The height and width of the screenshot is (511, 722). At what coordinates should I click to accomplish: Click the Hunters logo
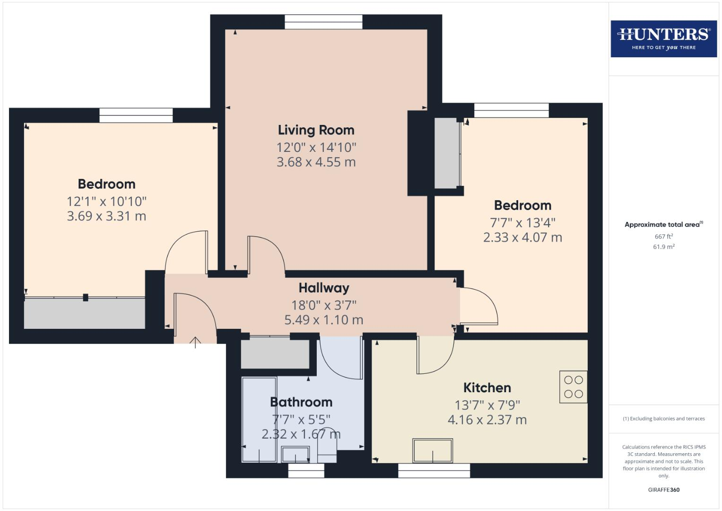point(663,38)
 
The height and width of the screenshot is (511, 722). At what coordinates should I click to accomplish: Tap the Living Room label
point(316,130)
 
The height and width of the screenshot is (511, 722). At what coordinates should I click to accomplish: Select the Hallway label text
point(324,288)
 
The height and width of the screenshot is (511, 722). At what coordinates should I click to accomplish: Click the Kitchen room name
point(487,388)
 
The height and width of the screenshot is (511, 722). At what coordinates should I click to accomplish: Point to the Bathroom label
point(301,402)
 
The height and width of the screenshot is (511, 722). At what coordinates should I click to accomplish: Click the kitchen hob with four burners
point(573,387)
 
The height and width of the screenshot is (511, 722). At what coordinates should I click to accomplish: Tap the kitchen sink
point(433,450)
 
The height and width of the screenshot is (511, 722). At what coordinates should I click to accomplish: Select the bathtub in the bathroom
point(259,419)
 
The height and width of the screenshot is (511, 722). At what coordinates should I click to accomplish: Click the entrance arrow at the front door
point(195,342)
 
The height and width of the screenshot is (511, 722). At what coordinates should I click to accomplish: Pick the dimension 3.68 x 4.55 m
point(316,162)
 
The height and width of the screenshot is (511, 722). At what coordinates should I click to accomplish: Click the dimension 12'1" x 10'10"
point(106,202)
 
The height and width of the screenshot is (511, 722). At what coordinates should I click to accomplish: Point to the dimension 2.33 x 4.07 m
point(522,238)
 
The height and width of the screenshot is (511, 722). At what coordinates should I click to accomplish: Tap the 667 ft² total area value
point(663,237)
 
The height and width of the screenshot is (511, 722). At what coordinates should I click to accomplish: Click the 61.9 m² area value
point(663,247)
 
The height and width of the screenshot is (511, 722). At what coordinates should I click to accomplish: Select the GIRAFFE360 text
point(663,490)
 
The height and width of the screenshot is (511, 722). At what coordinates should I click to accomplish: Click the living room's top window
point(323,22)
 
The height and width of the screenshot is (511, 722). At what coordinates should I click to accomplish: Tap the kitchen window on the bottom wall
point(434,470)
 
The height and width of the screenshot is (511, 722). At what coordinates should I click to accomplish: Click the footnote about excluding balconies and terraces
point(663,419)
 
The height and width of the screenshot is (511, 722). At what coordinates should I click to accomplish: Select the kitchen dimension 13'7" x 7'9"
point(487,405)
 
